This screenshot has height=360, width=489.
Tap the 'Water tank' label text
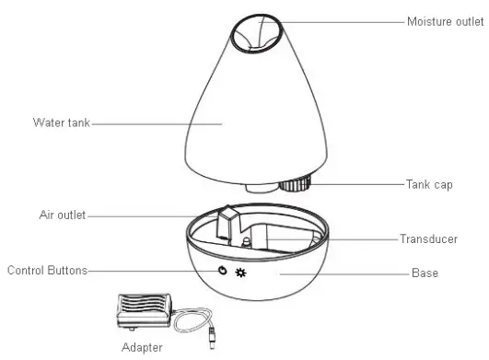click(x=62, y=122)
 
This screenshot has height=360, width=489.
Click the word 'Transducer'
click(x=428, y=238)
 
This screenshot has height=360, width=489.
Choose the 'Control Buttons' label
click(x=46, y=271)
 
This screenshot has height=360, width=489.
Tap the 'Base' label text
click(x=425, y=273)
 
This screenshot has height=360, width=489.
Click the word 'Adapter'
click(x=142, y=348)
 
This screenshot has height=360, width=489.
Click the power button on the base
click(x=222, y=272)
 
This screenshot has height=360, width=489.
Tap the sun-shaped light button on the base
click(x=241, y=273)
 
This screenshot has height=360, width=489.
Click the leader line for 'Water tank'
click(x=157, y=122)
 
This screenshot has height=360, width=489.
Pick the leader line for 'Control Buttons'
click(x=147, y=271)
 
